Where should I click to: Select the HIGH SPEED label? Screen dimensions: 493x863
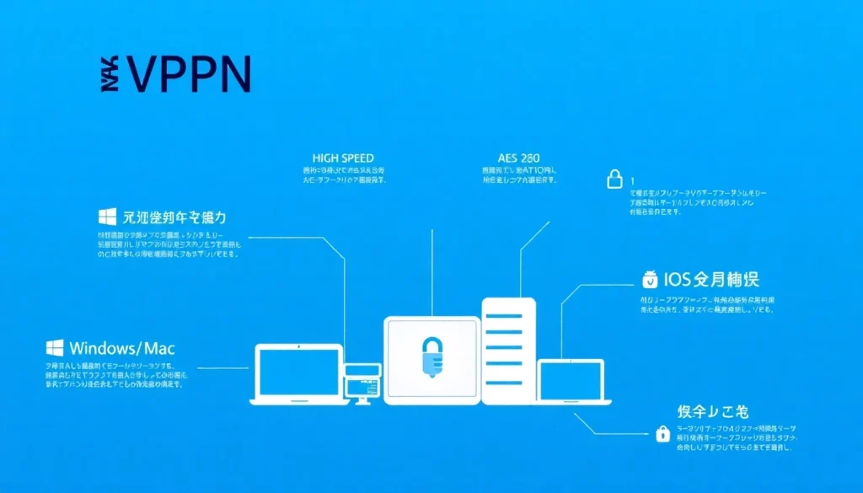343,158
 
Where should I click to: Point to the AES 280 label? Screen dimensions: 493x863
519,158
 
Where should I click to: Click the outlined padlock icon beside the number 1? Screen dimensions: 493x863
615,179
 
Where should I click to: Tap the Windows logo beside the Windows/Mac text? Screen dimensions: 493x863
56,348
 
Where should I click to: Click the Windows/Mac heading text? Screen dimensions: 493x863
122,348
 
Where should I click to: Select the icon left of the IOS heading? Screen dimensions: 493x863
649,280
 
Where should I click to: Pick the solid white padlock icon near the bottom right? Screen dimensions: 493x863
663,434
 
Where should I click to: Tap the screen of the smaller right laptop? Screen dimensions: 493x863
571,379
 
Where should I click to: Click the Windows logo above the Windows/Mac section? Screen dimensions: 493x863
107,217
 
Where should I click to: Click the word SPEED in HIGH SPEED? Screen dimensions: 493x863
356,158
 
